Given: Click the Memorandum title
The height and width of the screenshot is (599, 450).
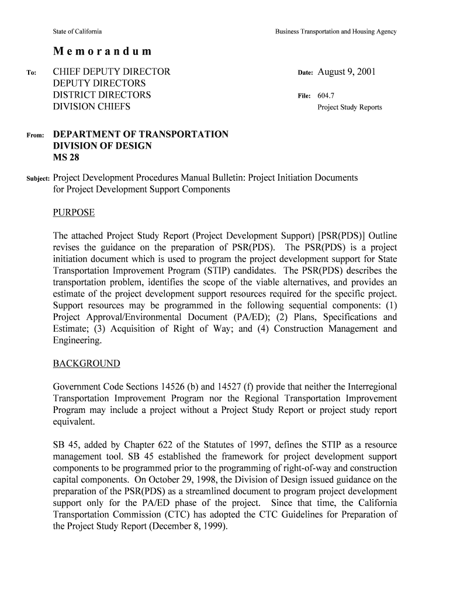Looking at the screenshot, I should [102, 51].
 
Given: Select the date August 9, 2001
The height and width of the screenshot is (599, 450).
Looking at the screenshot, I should [347, 72].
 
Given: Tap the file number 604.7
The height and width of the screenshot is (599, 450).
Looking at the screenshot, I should [326, 95].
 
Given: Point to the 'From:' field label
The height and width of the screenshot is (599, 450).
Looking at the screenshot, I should [35, 136].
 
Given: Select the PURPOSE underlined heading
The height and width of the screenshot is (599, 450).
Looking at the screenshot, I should [74, 212].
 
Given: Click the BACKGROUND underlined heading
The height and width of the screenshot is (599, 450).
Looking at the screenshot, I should [86, 364].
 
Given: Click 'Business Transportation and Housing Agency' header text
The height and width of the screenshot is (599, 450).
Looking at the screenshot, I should [336, 32].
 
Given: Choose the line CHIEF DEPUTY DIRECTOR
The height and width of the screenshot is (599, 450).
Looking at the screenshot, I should [112, 72].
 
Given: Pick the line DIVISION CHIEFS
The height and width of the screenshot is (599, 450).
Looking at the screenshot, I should [92, 107].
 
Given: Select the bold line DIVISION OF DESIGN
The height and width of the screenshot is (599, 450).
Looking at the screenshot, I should [102, 146].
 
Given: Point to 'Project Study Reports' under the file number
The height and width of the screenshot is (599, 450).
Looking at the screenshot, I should [349, 108].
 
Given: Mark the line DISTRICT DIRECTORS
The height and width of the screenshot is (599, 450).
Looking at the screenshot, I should [102, 95].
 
